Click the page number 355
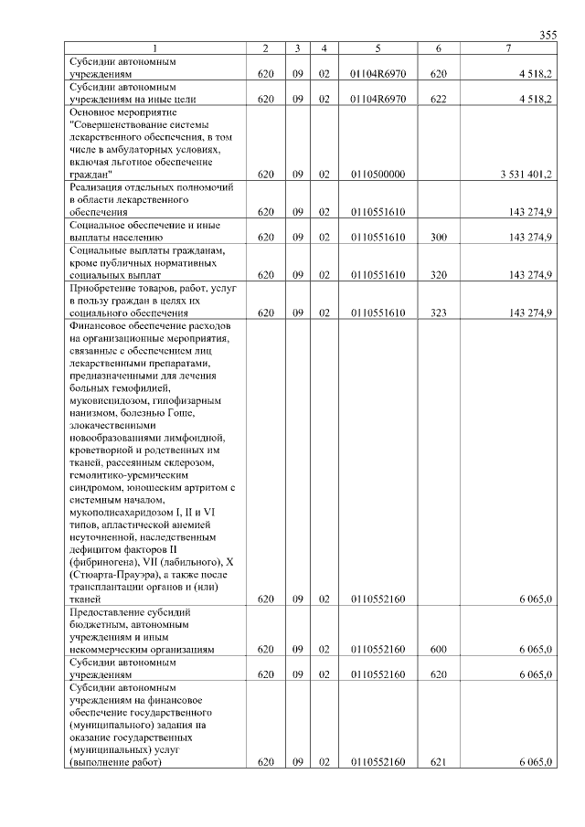(548, 35)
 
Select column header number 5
(377, 48)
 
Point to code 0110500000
(377, 174)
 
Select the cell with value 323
(438, 313)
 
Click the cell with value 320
(438, 274)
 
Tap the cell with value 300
(438, 237)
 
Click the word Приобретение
(101, 287)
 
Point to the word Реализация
(95, 186)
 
